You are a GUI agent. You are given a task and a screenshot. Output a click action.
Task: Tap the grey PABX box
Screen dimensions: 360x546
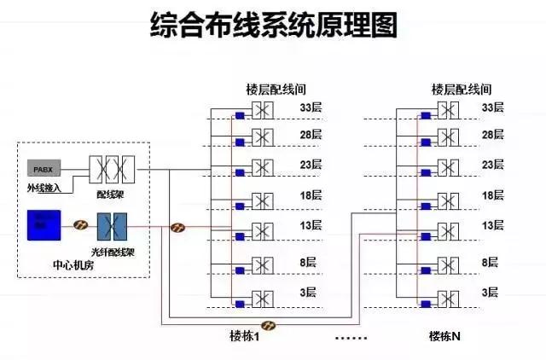coord(44,168)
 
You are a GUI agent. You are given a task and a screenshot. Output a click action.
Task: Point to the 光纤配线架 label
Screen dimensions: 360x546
coord(110,254)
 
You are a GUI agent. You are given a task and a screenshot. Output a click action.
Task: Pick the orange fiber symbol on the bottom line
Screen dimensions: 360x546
coord(269,325)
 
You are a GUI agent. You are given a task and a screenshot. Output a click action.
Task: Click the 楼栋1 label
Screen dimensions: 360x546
coord(244,336)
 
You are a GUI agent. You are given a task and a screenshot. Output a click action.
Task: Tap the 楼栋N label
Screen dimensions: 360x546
coord(444,336)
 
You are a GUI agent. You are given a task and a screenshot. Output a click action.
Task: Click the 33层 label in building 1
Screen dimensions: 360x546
coord(310,108)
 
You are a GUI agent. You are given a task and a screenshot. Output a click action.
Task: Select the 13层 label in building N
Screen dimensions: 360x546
coord(493,225)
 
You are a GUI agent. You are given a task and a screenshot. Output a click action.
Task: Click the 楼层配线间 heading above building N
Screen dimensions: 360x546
coord(462,89)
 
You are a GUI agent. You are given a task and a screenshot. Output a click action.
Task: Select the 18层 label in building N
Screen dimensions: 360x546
coord(493,195)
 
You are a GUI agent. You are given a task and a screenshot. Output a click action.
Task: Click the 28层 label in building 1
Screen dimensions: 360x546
coord(310,135)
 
